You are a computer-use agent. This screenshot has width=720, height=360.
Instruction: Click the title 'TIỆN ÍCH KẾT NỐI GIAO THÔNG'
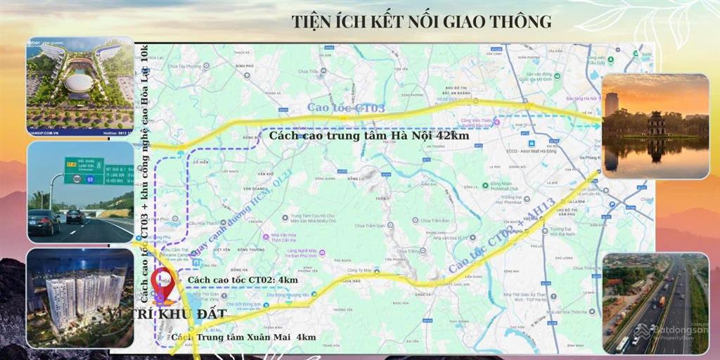point(421,21)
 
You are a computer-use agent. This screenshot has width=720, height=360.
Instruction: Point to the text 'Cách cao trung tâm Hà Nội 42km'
point(369,136)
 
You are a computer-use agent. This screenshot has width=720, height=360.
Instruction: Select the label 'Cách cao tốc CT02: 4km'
point(243,280)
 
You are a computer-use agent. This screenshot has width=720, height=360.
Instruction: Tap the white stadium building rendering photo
point(79,85)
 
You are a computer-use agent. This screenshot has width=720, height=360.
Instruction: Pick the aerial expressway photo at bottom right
point(655,302)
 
